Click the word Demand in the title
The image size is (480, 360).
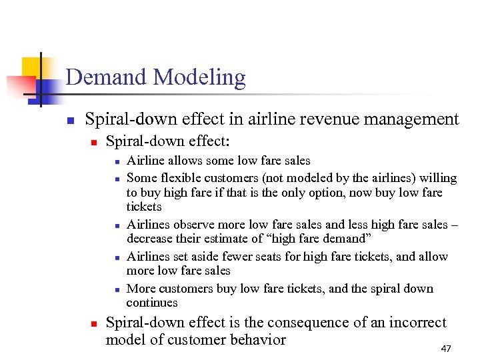[x=107, y=77]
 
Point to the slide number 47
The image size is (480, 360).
[x=447, y=349]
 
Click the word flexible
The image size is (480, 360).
[x=181, y=178]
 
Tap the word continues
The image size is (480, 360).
[x=152, y=303]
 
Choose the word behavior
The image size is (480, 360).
[x=255, y=340]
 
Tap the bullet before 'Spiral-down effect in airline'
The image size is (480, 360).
[x=69, y=121]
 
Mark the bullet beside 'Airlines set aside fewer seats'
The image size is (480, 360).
[x=116, y=257]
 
